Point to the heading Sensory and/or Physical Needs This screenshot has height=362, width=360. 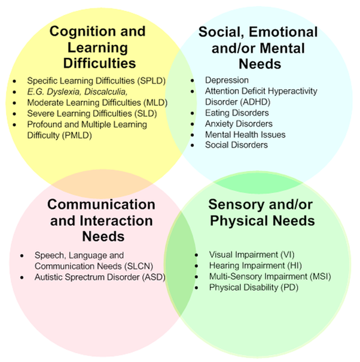[261, 212]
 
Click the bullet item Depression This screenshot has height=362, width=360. [227, 80]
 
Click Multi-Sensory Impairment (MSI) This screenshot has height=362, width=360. [261, 276]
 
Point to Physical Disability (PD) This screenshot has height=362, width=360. [245, 287]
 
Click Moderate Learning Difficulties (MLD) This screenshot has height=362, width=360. [97, 102]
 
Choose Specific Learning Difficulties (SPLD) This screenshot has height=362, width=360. [96, 80]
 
